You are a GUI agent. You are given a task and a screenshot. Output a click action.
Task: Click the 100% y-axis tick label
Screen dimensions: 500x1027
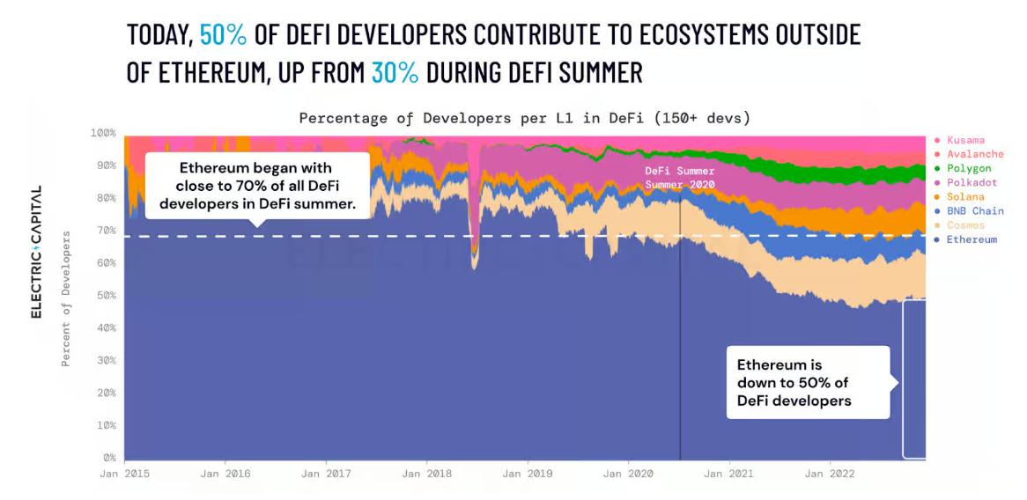(102, 133)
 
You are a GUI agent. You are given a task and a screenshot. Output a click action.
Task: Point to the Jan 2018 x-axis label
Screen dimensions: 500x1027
(426, 474)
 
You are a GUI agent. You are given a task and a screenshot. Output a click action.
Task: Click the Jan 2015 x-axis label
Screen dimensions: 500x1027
(124, 474)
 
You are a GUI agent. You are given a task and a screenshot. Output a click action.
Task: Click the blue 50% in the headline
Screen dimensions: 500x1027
(223, 34)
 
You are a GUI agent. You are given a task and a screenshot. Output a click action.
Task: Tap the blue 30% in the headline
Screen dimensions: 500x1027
(395, 71)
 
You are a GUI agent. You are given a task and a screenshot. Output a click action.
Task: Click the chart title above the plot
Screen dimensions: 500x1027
(524, 117)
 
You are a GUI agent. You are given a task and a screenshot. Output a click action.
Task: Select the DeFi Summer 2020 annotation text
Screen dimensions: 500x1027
(680, 177)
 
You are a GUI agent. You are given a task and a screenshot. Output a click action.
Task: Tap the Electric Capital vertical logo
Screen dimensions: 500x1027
(37, 252)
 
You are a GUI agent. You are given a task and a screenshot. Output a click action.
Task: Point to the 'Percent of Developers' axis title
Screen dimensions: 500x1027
(66, 298)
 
